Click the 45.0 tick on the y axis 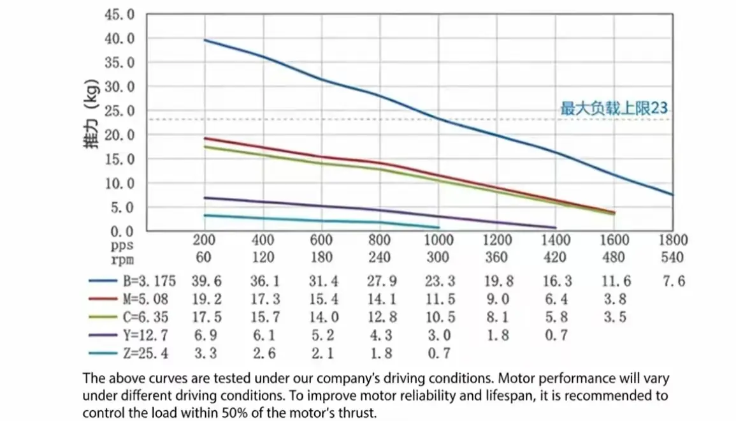(119, 14)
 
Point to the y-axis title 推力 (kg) (90, 122)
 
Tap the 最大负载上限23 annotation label (614, 109)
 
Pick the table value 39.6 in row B (204, 281)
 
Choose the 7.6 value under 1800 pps (673, 281)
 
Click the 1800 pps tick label (673, 240)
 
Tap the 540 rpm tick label (673, 258)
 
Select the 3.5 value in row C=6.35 (614, 317)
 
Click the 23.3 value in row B (438, 281)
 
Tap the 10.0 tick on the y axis (119, 183)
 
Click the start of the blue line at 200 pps (205, 40)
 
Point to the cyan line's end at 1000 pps (438, 227)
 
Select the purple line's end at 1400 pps (555, 227)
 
